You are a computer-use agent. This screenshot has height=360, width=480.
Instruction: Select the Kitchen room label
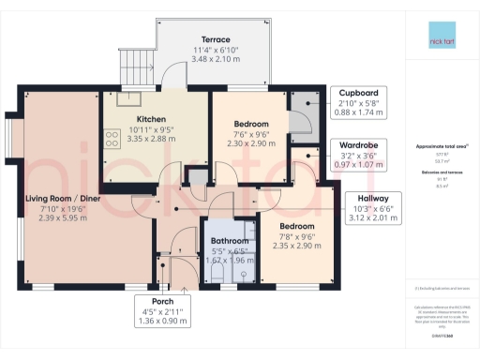click(151, 119)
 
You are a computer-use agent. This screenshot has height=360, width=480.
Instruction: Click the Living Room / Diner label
click(63, 199)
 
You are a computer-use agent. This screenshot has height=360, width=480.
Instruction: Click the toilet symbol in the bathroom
click(217, 271)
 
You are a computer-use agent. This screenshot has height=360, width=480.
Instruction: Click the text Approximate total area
click(440, 147)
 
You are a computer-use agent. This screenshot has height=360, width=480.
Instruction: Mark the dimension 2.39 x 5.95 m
click(63, 217)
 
